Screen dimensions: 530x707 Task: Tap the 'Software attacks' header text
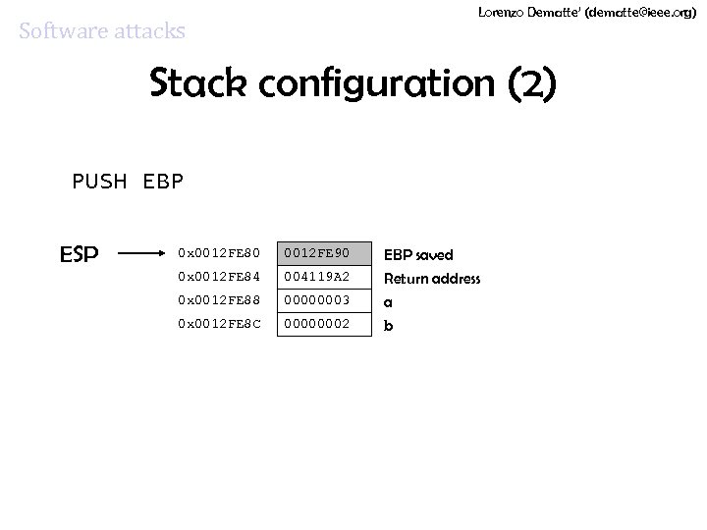click(x=102, y=30)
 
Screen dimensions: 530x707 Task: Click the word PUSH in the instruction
click(x=100, y=182)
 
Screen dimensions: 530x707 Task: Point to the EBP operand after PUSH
click(x=163, y=182)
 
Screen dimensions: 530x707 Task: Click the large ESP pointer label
click(x=79, y=254)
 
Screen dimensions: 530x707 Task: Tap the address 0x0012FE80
click(x=219, y=254)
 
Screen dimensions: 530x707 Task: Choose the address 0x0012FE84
click(x=219, y=278)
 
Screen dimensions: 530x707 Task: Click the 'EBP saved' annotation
click(x=418, y=255)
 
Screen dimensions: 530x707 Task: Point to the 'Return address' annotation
click(x=432, y=279)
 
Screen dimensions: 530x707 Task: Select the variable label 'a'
click(x=388, y=302)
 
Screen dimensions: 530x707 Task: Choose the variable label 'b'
click(x=388, y=325)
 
